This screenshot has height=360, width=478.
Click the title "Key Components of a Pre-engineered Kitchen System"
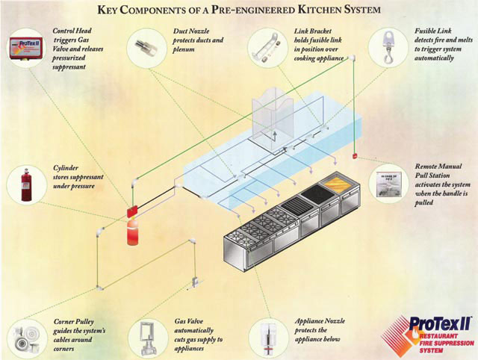(240, 10)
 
